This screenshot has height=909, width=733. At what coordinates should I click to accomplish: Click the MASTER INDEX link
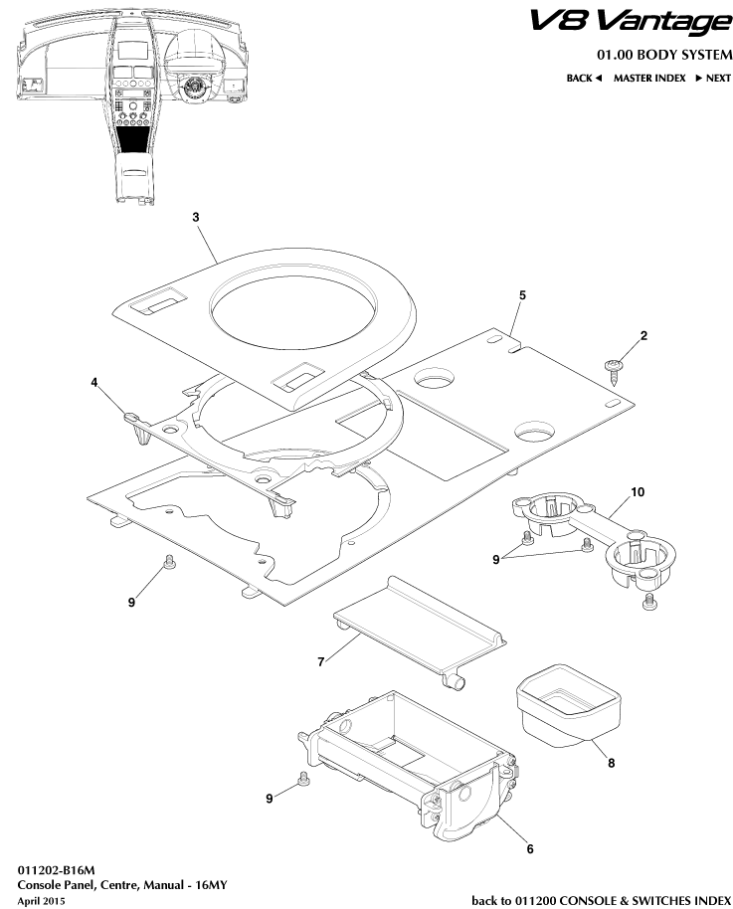click(x=648, y=78)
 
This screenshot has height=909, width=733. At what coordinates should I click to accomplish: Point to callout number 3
click(x=196, y=216)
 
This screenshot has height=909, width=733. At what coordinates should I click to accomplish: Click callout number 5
click(x=522, y=295)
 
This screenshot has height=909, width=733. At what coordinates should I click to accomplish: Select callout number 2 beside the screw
click(x=643, y=337)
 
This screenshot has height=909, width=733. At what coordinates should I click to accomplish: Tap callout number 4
click(x=95, y=381)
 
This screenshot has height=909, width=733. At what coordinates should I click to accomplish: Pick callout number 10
click(x=638, y=492)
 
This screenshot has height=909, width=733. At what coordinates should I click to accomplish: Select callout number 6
click(x=529, y=848)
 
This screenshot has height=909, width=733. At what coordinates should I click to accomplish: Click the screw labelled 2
click(x=615, y=368)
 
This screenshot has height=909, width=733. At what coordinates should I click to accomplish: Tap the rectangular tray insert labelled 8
click(x=564, y=702)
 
